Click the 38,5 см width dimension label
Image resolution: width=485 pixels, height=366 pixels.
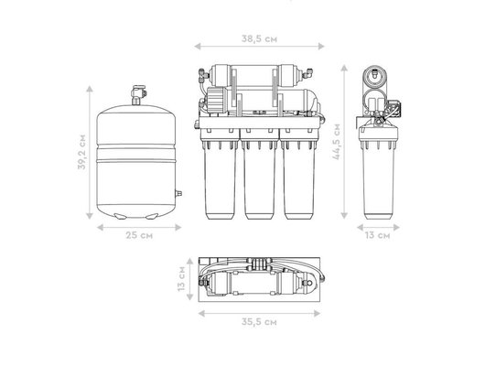pyautogui.click(x=259, y=39)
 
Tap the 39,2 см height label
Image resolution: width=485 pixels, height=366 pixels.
pyautogui.click(x=81, y=152)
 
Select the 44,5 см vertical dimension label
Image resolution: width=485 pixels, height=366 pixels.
pyautogui.click(x=336, y=142)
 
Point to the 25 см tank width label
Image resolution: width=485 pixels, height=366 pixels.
pyautogui.click(x=139, y=235)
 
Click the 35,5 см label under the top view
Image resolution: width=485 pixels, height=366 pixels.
pyautogui.click(x=259, y=322)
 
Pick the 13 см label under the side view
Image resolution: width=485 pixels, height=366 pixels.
pyautogui.click(x=377, y=235)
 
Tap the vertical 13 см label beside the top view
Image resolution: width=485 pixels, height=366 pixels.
pyautogui.click(x=181, y=278)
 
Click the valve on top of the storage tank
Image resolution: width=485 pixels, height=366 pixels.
pyautogui.click(x=138, y=95)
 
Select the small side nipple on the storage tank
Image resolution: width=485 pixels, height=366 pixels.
pyautogui.click(x=178, y=193)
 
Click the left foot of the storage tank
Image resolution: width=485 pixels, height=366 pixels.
pyautogui.click(x=119, y=216)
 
